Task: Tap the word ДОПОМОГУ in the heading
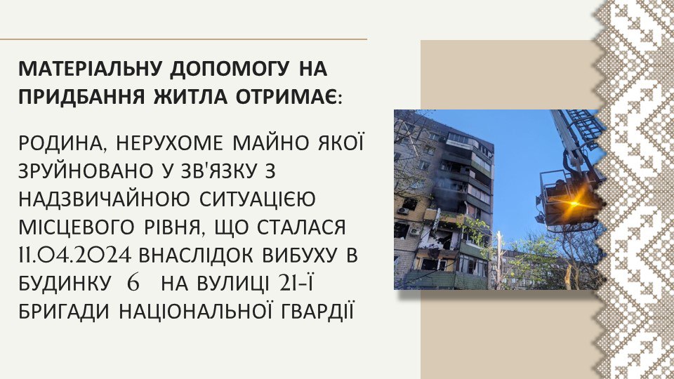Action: [229, 69]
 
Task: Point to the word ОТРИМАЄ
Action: [289, 97]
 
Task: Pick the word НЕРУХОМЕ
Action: [170, 143]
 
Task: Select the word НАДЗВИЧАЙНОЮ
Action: [104, 199]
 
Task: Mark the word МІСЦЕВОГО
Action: [77, 227]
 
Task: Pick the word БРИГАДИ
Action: [64, 311]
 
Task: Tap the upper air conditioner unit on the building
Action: [403, 211]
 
